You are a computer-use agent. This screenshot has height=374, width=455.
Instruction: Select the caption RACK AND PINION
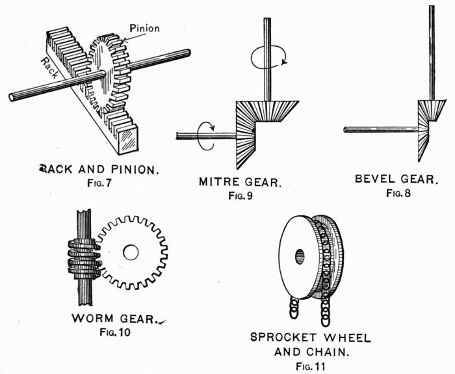tap(98, 170)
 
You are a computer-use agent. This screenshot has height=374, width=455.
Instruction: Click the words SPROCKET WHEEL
tap(311, 338)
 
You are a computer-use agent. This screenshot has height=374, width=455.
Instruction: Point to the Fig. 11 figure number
tap(311, 366)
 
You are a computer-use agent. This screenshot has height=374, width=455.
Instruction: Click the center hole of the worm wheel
tap(131, 252)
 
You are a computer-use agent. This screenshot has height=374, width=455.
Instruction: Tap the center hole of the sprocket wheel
tap(300, 256)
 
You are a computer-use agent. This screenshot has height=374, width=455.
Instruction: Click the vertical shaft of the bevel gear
tap(432, 52)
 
